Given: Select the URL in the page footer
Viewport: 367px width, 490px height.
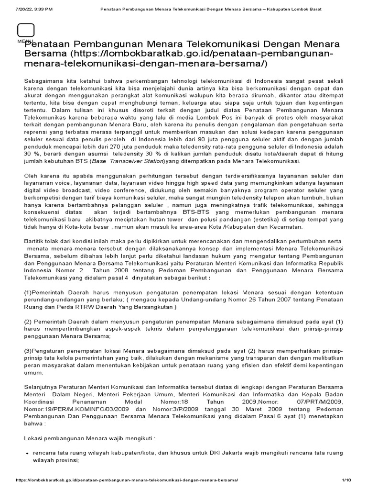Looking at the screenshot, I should [x=127, y=479].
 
